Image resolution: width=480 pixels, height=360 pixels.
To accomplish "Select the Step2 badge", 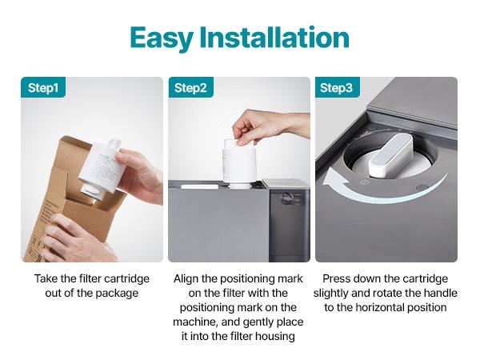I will click(190, 88).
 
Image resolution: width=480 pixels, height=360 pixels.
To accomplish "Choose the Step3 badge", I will click(337, 88).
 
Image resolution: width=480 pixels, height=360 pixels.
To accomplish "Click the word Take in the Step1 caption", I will click(46, 279).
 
